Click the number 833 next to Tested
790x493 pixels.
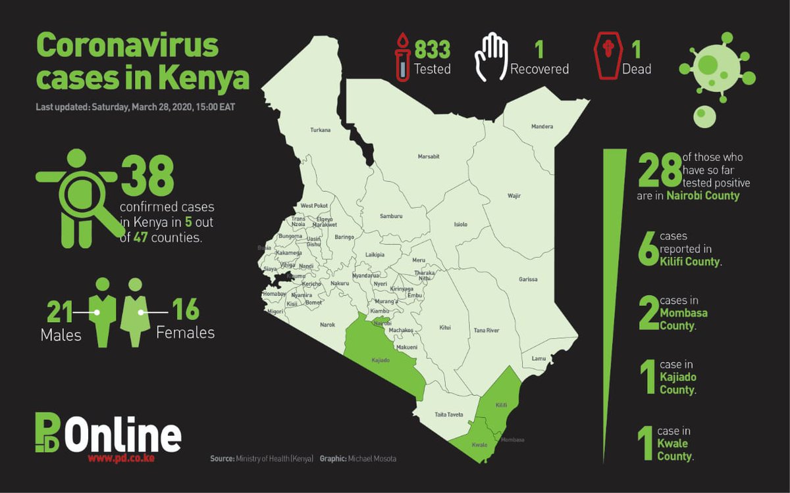[x=432, y=49]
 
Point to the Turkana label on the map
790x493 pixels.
[x=320, y=130]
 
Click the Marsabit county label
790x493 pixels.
[x=429, y=156]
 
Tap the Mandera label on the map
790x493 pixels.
[x=542, y=126]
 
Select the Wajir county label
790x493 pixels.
[x=513, y=196]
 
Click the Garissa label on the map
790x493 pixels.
[x=528, y=279]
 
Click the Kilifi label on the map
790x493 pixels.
[x=501, y=406]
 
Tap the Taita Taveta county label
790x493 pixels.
[x=449, y=415]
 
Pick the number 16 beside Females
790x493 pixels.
[x=185, y=312]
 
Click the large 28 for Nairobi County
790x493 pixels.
[x=659, y=172]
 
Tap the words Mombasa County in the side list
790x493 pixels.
[x=683, y=319]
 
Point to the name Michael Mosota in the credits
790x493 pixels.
[x=372, y=458]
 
